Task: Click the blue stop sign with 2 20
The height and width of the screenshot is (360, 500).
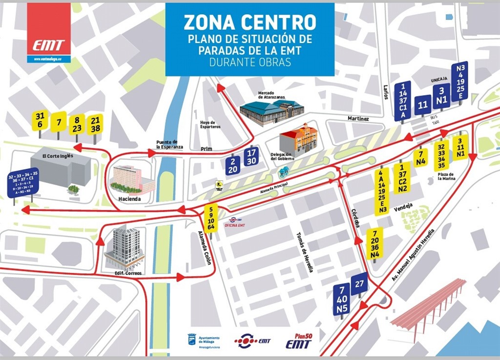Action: pyautogui.click(x=233, y=166)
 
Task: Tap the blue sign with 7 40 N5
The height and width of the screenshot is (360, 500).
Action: pyautogui.click(x=341, y=299)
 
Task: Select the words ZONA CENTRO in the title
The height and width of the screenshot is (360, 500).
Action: pyautogui.click(x=250, y=22)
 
